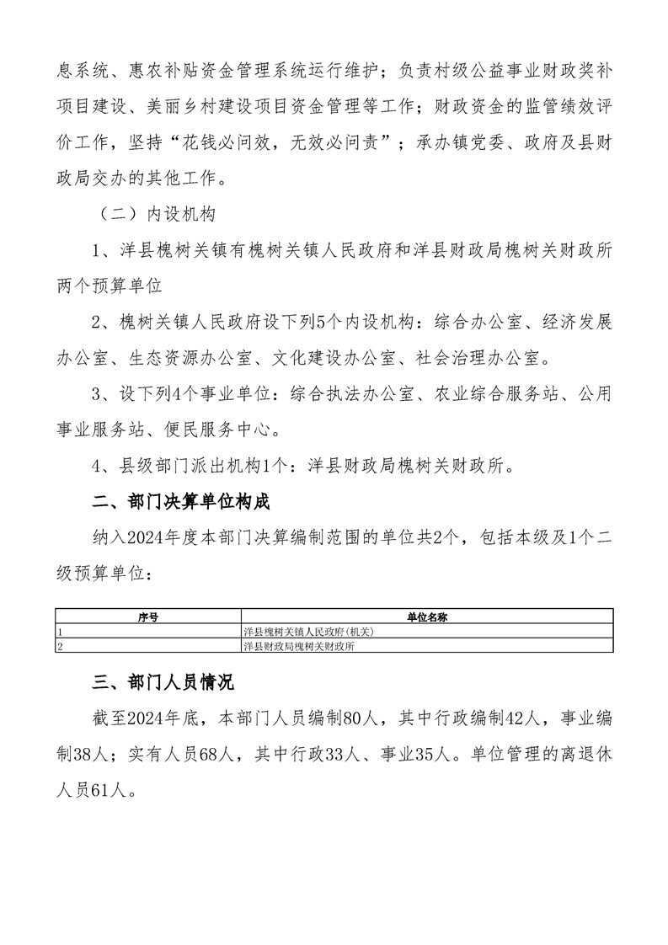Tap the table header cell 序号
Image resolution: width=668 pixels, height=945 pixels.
click(x=148, y=617)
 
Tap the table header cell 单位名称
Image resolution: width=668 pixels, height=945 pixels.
click(x=427, y=617)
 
